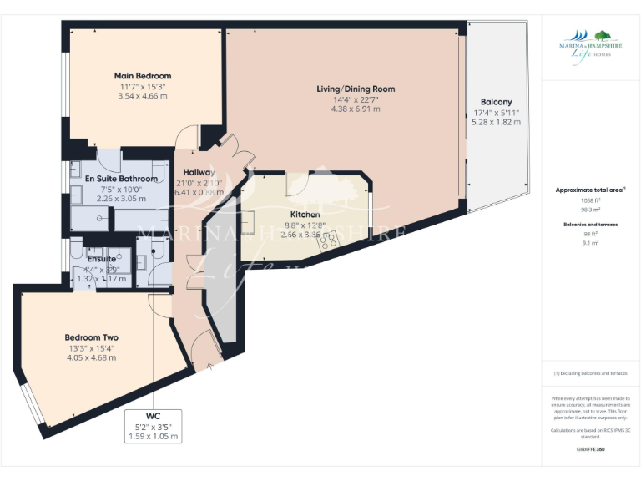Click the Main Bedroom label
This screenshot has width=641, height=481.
click(x=143, y=76)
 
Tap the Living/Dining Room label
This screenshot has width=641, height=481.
click(x=356, y=89)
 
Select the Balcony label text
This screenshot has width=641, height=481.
click(x=496, y=101)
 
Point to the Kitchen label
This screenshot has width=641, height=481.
click(x=305, y=215)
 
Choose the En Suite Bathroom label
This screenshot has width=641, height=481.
click(x=121, y=179)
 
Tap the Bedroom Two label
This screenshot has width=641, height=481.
click(x=92, y=337)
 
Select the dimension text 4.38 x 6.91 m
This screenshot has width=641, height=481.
click(x=356, y=109)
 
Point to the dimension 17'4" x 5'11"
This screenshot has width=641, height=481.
click(x=496, y=112)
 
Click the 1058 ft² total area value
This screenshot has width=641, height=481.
click(x=591, y=201)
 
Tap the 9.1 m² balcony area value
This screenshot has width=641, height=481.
click(x=591, y=243)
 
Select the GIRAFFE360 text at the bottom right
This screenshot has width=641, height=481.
click(x=590, y=449)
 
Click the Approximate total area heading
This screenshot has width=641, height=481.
click(x=590, y=190)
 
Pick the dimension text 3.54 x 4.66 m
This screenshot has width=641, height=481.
click(x=143, y=96)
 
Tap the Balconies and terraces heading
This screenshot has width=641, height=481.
click(x=591, y=225)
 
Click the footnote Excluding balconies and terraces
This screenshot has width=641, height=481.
click(x=591, y=373)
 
